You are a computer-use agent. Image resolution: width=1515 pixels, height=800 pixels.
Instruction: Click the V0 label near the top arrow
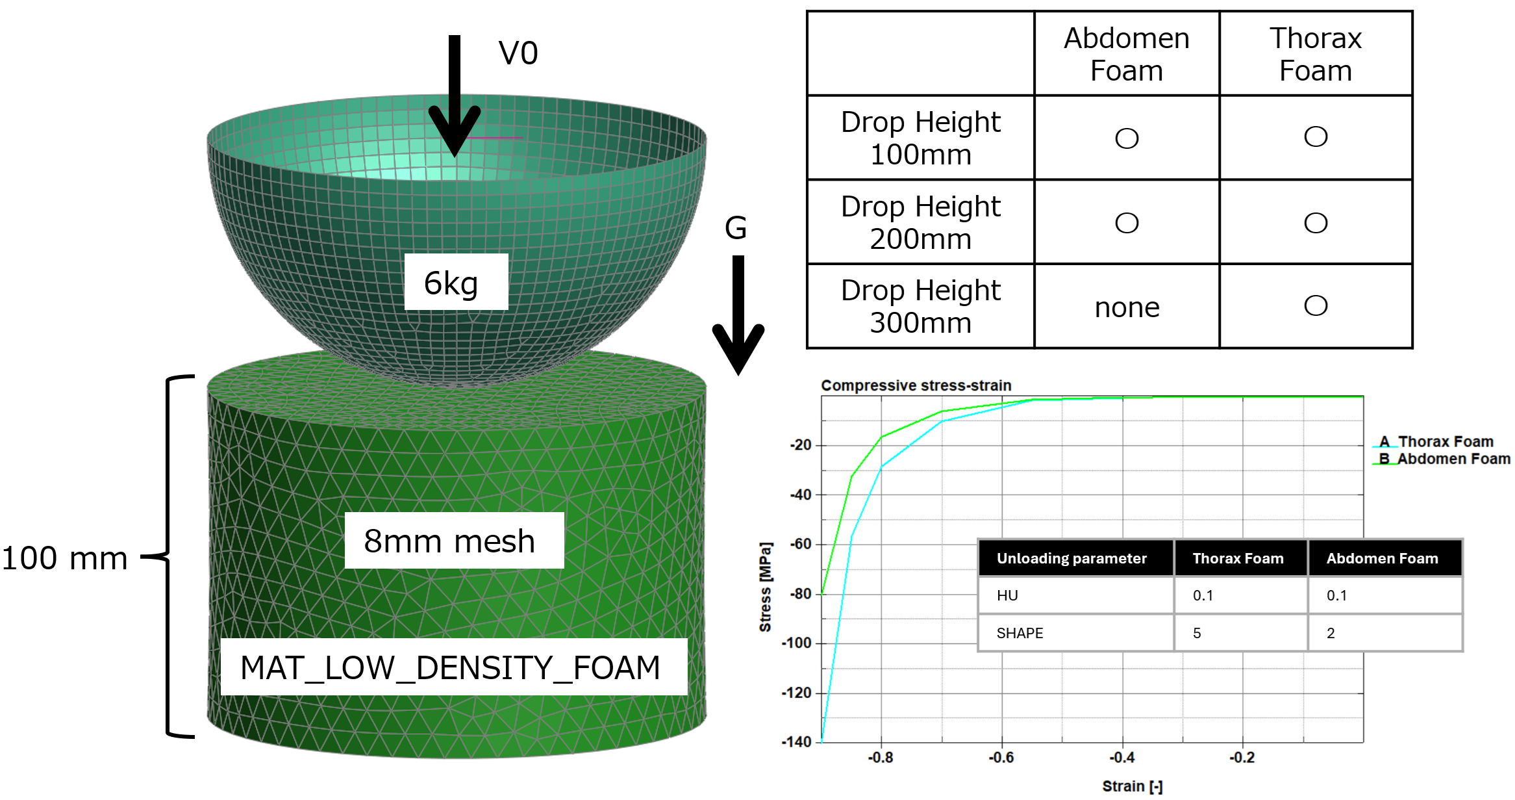518,53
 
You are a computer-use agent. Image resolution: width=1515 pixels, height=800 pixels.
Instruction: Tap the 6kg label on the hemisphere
451,283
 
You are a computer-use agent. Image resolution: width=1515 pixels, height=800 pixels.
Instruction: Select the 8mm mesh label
449,541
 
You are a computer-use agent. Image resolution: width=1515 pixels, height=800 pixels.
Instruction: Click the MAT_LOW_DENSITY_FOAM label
450,667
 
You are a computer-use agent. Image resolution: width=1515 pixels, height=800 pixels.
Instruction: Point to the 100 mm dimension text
65,558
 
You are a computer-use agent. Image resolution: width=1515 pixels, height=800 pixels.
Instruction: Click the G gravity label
736,228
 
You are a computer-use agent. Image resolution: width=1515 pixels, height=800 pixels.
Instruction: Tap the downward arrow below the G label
738,315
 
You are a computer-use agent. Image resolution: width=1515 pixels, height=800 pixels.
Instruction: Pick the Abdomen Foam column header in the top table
1127,55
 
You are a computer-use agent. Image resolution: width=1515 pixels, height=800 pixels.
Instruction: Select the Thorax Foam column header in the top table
1316,55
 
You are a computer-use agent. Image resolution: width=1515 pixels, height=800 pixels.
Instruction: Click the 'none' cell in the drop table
1127,307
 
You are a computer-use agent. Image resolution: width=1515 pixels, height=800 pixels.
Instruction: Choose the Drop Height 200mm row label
921,223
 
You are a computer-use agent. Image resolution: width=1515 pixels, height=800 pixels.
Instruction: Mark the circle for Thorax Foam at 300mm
1316,305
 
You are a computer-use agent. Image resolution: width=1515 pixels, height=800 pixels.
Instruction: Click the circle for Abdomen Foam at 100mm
1127,138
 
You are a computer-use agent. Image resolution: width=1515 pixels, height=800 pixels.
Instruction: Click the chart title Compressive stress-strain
916,385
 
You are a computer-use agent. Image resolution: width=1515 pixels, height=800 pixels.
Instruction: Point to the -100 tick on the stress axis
796,643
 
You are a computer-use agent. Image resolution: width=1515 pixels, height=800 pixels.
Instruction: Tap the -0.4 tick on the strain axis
1122,758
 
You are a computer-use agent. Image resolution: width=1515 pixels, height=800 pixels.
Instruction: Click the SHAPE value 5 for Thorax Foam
1197,633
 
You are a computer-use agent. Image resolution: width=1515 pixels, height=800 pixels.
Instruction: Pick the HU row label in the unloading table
1007,595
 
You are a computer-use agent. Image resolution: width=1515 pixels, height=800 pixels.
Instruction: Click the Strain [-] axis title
1133,786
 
